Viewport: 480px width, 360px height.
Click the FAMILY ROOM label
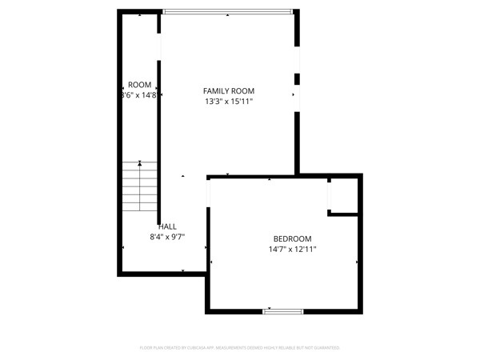pos(228,91)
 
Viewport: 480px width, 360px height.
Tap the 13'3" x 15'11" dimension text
pos(228,102)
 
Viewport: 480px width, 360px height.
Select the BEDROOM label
pos(292,238)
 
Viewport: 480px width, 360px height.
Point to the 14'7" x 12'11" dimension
pos(292,250)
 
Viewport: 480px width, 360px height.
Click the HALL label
pos(167,226)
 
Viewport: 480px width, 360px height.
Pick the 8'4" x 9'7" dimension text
pos(167,237)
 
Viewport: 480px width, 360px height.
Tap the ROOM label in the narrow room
pos(139,85)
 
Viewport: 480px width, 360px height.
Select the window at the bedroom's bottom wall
pos(283,310)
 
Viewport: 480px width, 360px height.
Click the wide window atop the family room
pos(227,11)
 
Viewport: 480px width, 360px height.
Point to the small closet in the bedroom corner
pos(344,195)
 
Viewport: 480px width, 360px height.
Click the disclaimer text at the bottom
pos(240,348)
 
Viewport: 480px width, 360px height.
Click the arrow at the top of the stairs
pos(140,163)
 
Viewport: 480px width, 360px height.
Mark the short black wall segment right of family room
pos(298,78)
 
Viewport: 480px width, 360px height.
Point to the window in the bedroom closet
pos(330,194)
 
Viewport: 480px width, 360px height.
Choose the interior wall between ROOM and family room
pos(158,136)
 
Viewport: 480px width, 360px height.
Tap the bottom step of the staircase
pos(140,210)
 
